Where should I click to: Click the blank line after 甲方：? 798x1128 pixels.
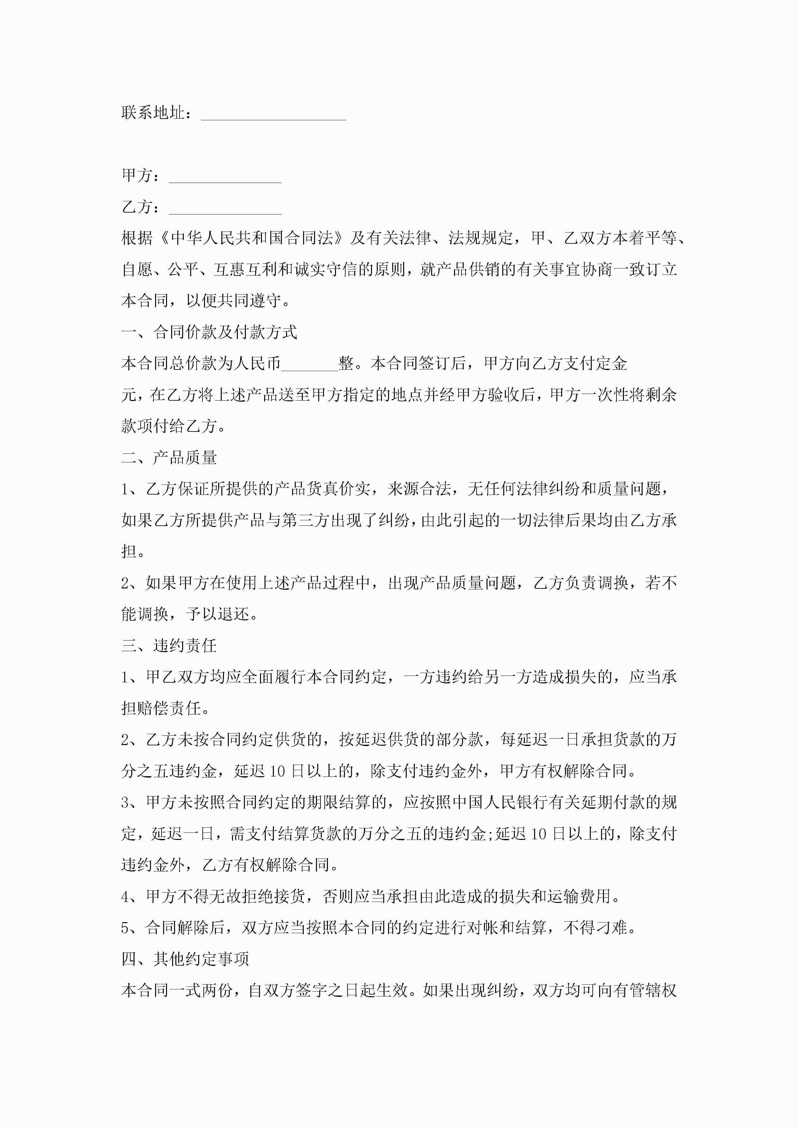pos(225,178)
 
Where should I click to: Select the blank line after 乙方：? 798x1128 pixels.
pos(225,209)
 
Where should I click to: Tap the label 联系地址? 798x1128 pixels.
pos(153,113)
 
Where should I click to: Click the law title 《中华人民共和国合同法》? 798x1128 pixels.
pos(252,238)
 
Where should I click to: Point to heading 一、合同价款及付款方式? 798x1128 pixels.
pos(209,332)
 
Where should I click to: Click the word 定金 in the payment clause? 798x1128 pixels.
pos(611,364)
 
